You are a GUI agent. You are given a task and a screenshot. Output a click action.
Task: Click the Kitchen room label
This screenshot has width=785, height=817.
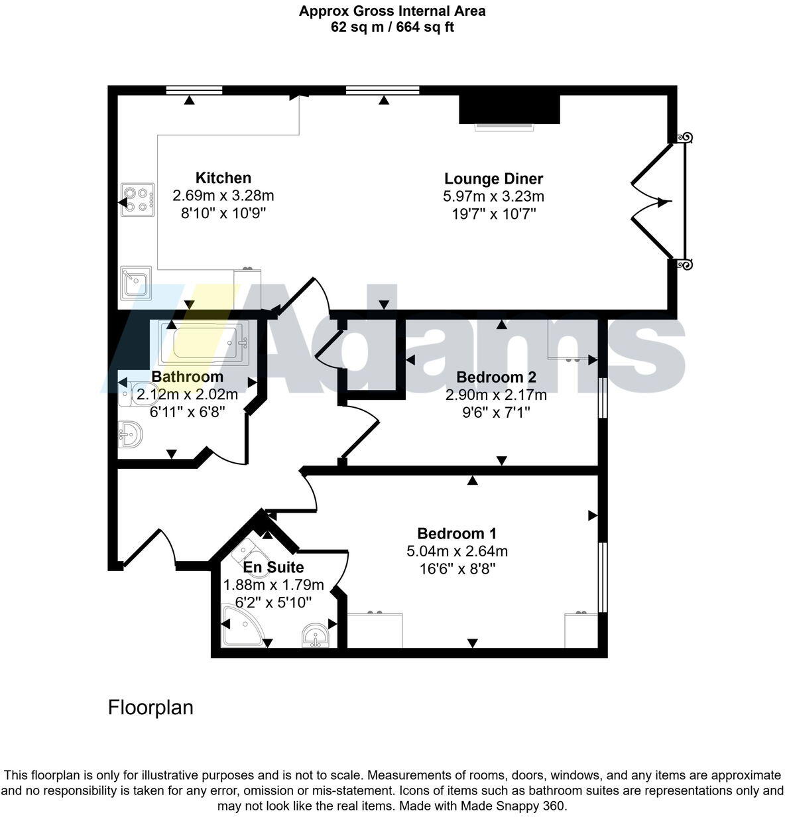click(x=223, y=178)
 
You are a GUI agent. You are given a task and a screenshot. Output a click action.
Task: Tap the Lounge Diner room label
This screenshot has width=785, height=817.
click(x=493, y=178)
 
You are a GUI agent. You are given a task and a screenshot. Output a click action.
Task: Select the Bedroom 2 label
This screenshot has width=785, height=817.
click(x=496, y=377)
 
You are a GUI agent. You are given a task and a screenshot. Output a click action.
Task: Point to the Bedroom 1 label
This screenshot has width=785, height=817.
click(x=457, y=533)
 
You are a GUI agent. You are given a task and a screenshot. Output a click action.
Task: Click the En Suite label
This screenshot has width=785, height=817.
click(x=273, y=567)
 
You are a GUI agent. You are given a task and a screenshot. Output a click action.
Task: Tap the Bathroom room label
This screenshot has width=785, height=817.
click(x=187, y=377)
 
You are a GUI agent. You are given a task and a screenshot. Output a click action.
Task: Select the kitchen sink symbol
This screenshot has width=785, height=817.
click(x=137, y=283)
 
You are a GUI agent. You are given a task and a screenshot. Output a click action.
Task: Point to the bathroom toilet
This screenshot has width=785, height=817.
click(x=129, y=394)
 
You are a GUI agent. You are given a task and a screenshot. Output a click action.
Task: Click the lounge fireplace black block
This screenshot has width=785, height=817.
click(x=509, y=109)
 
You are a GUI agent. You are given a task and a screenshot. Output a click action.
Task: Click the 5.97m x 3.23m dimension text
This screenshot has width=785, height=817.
click(x=493, y=196)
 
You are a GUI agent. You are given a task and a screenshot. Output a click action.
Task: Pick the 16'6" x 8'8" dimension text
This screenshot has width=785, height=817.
click(x=457, y=568)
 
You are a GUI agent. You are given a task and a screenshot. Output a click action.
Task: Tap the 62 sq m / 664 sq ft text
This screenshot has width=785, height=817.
click(x=392, y=27)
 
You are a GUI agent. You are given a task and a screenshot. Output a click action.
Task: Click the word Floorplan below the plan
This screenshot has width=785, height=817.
click(x=151, y=708)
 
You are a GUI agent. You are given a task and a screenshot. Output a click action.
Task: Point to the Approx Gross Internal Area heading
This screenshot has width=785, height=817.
click(x=392, y=11)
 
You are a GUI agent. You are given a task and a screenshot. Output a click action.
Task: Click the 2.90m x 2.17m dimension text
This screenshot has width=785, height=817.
click(x=496, y=395)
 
